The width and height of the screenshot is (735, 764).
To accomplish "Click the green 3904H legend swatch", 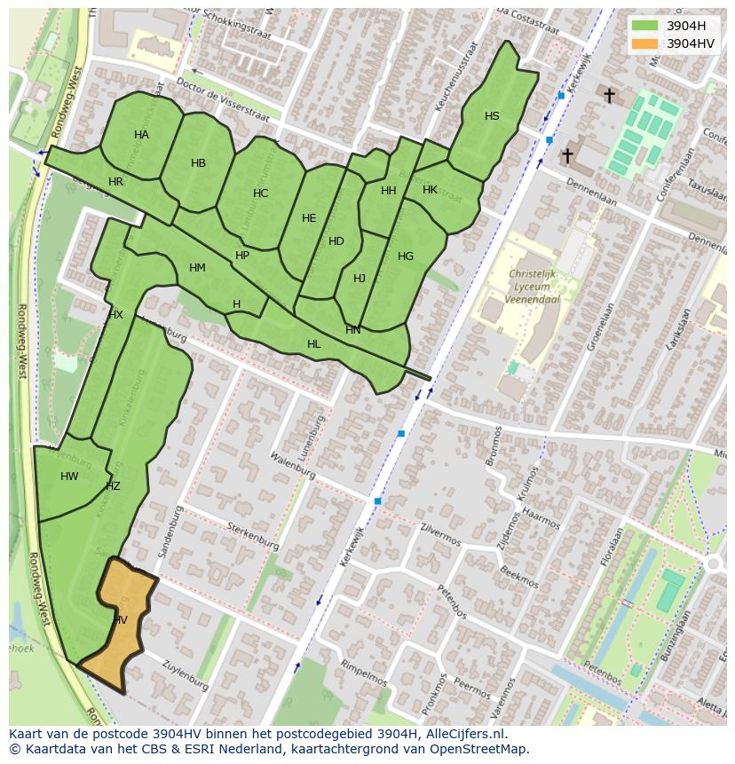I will coord(645,26).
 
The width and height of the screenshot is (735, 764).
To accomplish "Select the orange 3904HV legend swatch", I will coord(645,43).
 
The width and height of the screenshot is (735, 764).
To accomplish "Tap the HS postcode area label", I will coord(492,116).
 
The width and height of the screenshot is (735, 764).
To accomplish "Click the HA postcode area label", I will coord(141,135).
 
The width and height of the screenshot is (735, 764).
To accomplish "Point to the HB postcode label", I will coord(198,163).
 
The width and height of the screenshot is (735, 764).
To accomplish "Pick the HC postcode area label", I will coord(260,193).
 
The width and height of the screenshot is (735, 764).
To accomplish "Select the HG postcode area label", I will coord(406,256).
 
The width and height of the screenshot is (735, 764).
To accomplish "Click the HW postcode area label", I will coord(69,477).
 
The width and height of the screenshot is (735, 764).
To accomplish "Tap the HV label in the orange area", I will coord(120,620).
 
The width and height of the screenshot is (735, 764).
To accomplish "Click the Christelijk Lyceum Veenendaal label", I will coord(533,287).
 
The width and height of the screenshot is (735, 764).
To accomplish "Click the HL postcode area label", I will coord(313,344).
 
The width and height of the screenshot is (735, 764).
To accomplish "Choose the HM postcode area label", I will coord(197,268).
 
